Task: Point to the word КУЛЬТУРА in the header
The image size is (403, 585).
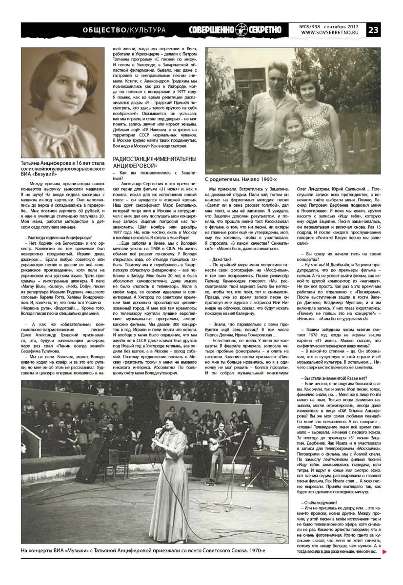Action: point(147,30)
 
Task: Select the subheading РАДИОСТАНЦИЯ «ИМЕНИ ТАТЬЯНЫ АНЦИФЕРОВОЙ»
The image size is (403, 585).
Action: point(155,163)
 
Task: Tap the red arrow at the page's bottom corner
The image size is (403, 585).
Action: point(384,552)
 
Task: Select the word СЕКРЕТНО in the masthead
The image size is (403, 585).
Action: point(265,30)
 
